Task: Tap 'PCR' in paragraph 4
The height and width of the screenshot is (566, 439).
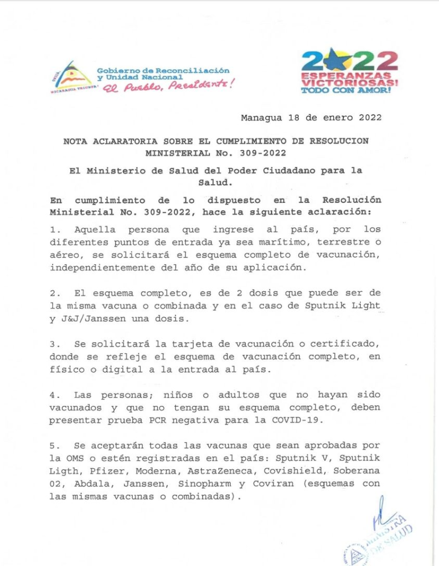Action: click(x=147, y=420)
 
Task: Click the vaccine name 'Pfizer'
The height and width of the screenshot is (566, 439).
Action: click(x=105, y=470)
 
